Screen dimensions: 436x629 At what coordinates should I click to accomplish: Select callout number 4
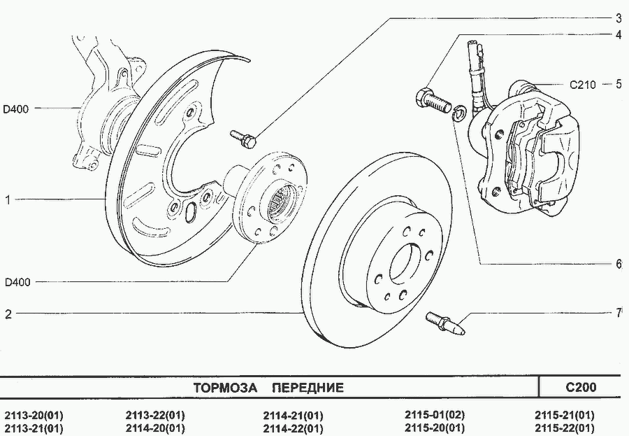pos(619,34)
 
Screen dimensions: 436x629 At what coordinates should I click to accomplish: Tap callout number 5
pos(619,85)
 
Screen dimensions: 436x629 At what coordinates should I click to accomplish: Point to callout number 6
pos(619,265)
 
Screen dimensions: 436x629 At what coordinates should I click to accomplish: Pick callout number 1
pos(8,200)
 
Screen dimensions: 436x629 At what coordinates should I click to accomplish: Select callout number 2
pos(8,314)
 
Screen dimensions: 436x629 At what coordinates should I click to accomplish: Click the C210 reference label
pos(582,85)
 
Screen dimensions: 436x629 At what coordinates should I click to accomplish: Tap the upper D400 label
pos(17,108)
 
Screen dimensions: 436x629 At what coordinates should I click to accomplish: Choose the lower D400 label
pos(17,283)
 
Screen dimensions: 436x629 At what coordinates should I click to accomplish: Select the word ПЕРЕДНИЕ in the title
pos(308,388)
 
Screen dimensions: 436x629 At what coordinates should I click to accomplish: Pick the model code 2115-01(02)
pos(435,414)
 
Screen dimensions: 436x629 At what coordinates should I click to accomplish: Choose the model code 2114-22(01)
pos(294,428)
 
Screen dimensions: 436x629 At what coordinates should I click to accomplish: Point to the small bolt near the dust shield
pos(243,138)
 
